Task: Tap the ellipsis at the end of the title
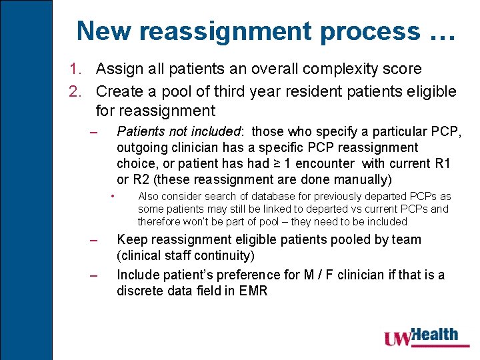[439, 32]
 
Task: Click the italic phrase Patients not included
[178, 131]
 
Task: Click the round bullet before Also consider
[114, 196]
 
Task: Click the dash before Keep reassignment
[94, 240]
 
